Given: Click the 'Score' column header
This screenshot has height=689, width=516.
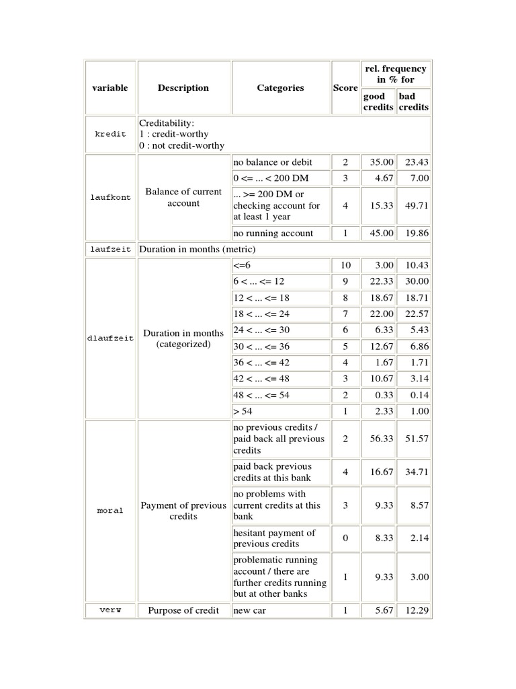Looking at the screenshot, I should pos(345,88).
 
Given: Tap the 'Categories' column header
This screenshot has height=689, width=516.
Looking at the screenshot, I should pos(280,88).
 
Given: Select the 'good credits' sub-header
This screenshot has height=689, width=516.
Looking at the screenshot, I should pos(378,102).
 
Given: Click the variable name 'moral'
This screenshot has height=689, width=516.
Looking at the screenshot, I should pos(110,511).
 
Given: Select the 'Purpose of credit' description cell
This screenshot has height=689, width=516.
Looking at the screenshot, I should pos(183,610).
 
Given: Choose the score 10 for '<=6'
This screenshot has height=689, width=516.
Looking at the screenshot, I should pos(345,266).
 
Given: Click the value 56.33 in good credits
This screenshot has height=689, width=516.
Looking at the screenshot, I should pos(377,439).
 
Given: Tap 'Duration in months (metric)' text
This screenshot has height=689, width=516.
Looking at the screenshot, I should pos(198,250).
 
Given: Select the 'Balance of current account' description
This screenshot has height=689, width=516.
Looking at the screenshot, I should pos(183,198).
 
